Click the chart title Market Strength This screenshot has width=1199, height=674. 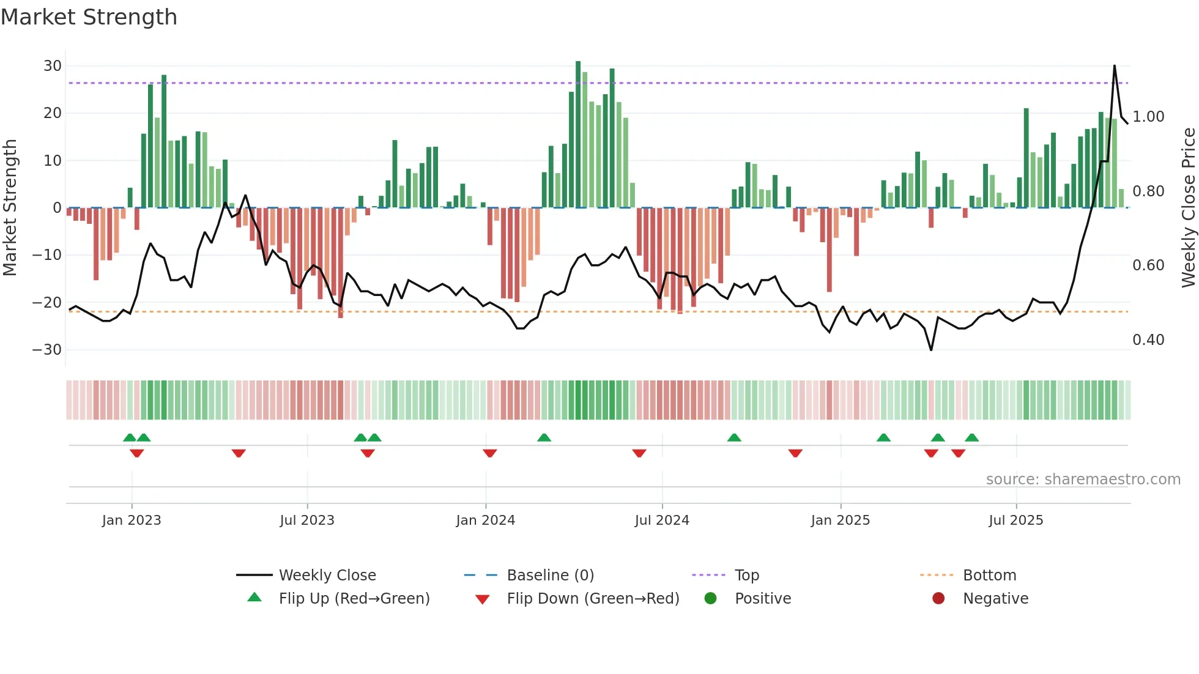tap(89, 17)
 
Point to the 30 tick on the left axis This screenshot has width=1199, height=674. tap(53, 66)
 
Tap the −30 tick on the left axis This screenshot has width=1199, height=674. tap(47, 350)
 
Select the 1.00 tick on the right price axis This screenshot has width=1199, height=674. tap(1148, 117)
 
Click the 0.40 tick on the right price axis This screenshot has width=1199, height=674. tap(1148, 340)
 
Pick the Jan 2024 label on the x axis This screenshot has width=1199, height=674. tap(486, 520)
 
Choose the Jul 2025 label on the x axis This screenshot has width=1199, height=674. tap(1016, 520)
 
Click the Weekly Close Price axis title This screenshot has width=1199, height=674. tap(1188, 208)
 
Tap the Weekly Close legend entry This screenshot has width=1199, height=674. tap(327, 576)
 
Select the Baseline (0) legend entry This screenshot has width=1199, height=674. tap(550, 576)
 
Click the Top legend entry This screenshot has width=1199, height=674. tap(747, 576)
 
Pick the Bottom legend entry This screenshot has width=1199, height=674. tap(989, 576)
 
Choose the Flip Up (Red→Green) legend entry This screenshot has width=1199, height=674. tap(354, 599)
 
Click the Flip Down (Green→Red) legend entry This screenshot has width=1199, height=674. tap(593, 599)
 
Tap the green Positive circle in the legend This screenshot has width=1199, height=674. tap(710, 599)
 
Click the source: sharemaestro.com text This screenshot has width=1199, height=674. tap(1083, 480)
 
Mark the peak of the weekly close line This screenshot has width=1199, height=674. tap(1114, 65)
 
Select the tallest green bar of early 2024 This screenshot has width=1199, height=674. tap(578, 135)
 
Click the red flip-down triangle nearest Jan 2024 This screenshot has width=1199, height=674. tap(489, 453)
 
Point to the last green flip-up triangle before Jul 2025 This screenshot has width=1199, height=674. tap(972, 437)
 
